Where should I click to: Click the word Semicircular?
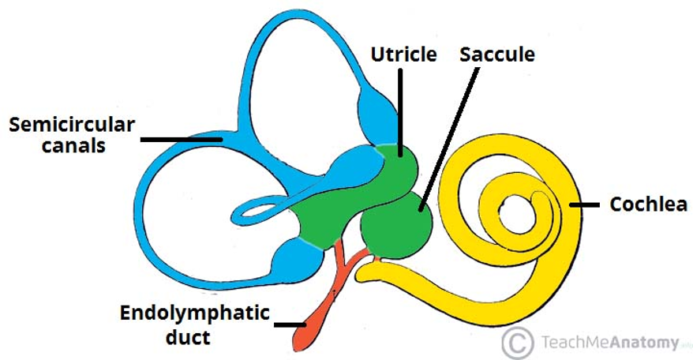tap(72, 124)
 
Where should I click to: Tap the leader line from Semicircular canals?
tap(182, 139)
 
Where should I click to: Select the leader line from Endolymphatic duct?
tap(289, 323)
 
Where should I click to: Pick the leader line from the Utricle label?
tap(401, 111)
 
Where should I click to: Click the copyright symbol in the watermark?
tap(517, 342)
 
